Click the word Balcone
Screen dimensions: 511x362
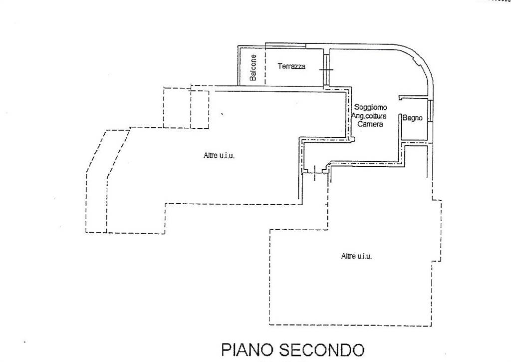pos(253,67)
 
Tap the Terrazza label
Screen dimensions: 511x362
pos(291,66)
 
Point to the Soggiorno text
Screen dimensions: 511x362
pos(371,107)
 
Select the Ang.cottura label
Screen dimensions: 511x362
pos(369,116)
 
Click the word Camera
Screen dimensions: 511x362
pos(370,124)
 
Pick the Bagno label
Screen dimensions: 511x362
pos(412,118)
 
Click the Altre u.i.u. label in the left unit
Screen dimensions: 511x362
pos(219,156)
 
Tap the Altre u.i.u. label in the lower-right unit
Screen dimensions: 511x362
pos(356,256)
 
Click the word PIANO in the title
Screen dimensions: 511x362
pos(247,350)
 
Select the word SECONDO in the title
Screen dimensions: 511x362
pos(322,350)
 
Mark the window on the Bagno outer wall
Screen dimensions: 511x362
pos(431,111)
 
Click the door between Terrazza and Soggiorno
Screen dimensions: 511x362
pos(326,70)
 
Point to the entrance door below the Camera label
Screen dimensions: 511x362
pos(315,173)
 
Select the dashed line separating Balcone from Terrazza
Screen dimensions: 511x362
pos(265,65)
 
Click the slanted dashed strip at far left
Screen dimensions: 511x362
pos(107,181)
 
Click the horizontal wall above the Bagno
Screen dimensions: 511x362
pos(413,97)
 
